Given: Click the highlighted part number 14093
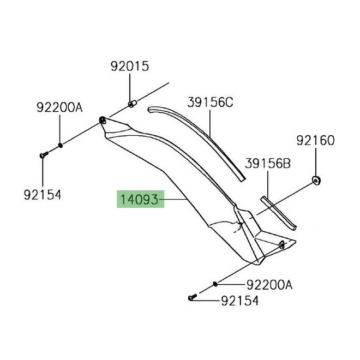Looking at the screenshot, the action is coord(139,199).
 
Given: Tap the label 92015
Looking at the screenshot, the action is coord(130,67).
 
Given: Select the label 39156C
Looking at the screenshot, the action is coord(210,102).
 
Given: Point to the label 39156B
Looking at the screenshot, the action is coord(268,164).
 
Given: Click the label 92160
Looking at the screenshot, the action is coord(315,140).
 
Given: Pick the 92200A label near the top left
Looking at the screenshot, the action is coord(59,107).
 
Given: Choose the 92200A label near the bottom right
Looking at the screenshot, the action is coord(269,285).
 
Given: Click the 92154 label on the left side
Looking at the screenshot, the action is coord(43,195).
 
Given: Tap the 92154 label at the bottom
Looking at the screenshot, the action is coord(239,301).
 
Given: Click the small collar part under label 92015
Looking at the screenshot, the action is coord(132,104).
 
